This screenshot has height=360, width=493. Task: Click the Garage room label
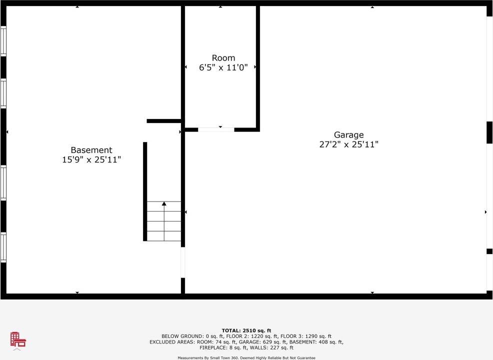(348, 135)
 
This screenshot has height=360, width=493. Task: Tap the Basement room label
(91, 150)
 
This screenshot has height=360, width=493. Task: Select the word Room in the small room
(223, 58)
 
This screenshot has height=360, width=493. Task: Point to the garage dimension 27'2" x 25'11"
(348, 144)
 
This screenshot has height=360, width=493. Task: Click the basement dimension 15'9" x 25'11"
(91, 159)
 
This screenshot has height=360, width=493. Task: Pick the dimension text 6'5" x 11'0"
(223, 67)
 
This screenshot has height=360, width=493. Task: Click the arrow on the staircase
(164, 204)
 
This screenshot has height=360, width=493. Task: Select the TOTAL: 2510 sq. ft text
(246, 330)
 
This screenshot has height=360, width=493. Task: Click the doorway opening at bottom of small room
(216, 129)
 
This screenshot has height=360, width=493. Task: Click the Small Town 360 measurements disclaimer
(246, 357)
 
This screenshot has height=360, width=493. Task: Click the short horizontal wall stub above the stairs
(163, 121)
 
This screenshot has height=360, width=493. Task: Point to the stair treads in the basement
(164, 225)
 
